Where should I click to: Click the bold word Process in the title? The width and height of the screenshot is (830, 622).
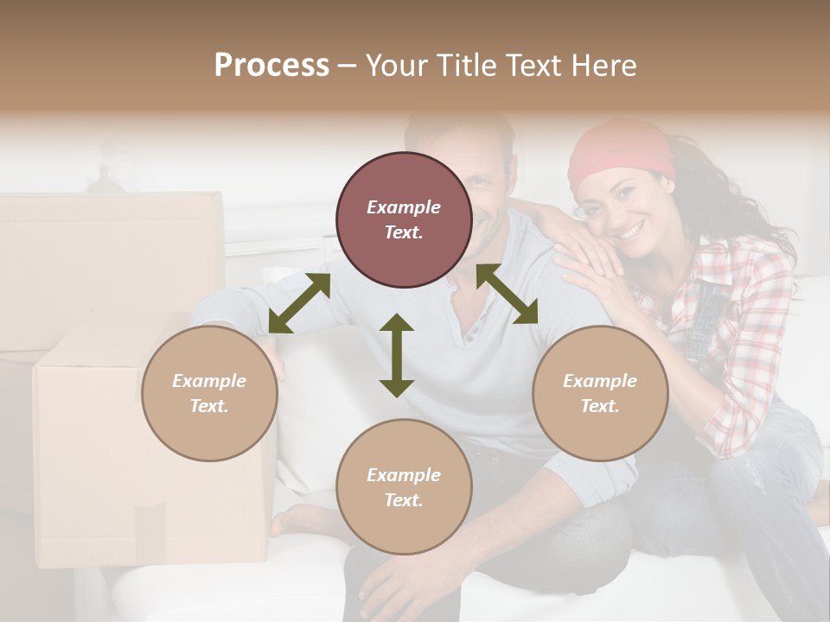pyautogui.click(x=271, y=66)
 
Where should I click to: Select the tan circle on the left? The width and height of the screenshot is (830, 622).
pyautogui.click(x=209, y=393)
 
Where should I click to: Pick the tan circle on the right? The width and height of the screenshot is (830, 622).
pyautogui.click(x=600, y=393)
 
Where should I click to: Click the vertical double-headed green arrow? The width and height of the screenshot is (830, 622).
pyautogui.click(x=397, y=355)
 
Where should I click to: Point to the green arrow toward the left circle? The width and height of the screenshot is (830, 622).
pyautogui.click(x=299, y=302)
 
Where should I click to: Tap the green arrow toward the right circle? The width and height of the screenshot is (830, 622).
pyautogui.click(x=508, y=294)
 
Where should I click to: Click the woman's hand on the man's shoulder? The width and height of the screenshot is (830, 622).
pyautogui.click(x=588, y=259)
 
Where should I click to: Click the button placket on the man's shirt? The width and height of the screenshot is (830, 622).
pyautogui.click(x=471, y=328)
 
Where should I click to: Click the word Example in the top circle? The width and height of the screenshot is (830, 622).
pyautogui.click(x=404, y=207)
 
